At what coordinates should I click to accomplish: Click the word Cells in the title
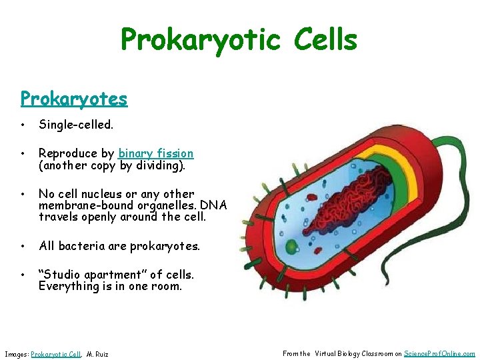tap(319, 40)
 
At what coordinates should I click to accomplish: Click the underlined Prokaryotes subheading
tap(73, 99)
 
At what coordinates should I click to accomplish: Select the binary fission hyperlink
tap(156, 153)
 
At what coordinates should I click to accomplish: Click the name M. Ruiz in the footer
tap(97, 354)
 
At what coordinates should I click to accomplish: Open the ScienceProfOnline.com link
tap(439, 354)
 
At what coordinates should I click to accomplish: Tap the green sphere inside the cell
tap(291, 247)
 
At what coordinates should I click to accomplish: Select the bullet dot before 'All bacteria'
tap(23, 245)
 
